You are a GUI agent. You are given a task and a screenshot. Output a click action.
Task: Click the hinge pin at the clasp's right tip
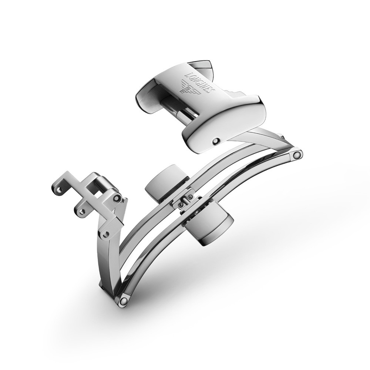[297, 155]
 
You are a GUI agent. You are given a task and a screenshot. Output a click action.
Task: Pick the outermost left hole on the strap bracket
[57, 189]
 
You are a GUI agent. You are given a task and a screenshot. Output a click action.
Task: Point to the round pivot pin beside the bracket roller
[118, 199]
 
